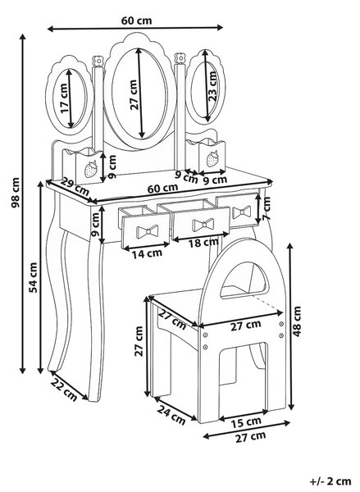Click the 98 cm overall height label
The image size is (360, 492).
tap(16, 193)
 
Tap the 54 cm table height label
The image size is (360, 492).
tap(33, 277)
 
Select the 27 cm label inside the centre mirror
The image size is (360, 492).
tap(134, 94)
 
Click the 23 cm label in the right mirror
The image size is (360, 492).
tap(212, 86)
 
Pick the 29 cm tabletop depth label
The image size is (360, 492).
tap(75, 186)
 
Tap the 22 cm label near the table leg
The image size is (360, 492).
tap(64, 389)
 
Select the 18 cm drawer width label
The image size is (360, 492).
tap(203, 243)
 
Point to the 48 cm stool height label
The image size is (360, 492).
tap(297, 321)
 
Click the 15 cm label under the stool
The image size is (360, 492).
tap(246, 422)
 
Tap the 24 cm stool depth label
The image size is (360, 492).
tap(171, 414)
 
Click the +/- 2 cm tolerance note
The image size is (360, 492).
tap(330, 481)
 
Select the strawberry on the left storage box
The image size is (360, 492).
tap(91, 169)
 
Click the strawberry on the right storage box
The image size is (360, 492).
tap(212, 158)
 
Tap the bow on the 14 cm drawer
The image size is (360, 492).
tap(147, 231)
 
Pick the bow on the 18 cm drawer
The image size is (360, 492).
tap(203, 225)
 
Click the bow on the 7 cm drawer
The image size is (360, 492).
tap(242, 212)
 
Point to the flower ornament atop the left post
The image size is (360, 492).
tap(98, 61)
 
